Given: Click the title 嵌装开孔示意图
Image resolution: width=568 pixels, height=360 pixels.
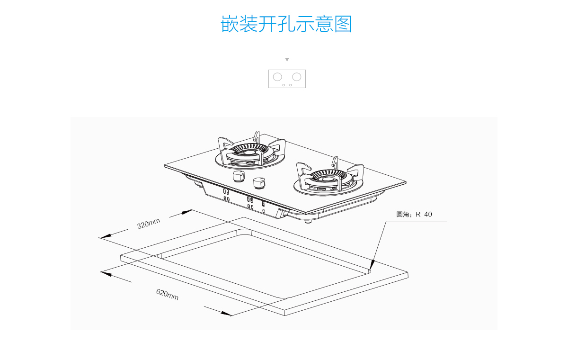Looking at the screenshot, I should (x=286, y=24).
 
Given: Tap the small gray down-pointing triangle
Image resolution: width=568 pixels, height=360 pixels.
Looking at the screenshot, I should (x=287, y=60).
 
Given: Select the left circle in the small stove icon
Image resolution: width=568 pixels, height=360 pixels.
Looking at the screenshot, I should (x=277, y=77).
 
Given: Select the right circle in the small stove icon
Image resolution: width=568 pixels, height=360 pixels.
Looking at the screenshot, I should (x=297, y=77).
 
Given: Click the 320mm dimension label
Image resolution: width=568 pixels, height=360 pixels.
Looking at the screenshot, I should (x=149, y=223).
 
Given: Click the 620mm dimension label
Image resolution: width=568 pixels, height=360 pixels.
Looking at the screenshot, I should (x=168, y=294).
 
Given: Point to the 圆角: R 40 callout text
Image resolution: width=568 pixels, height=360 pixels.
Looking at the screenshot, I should (x=414, y=215).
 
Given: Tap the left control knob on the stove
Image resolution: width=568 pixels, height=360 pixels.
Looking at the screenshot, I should (x=239, y=177).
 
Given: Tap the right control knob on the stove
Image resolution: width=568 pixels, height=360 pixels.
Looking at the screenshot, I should (x=259, y=182).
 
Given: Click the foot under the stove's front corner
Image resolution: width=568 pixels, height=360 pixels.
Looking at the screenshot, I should (x=309, y=221).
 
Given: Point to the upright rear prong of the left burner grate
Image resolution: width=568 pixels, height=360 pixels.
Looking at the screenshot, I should (x=257, y=136).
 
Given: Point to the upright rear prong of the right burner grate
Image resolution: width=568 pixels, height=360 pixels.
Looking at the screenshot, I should (x=335, y=162).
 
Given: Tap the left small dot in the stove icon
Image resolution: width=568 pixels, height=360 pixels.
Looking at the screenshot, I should (x=284, y=85).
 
